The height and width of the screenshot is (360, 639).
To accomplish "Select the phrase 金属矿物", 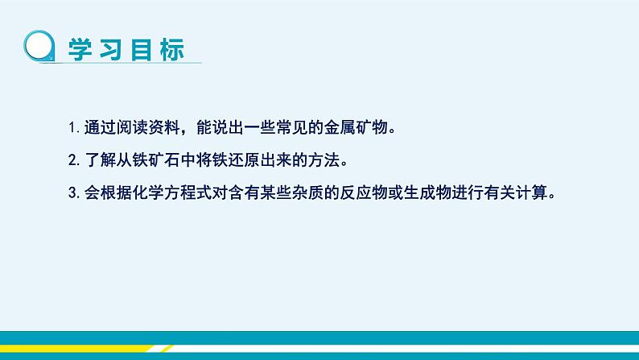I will (338, 127).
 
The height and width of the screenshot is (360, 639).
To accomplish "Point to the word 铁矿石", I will (147, 159).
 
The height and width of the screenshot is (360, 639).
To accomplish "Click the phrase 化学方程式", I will (170, 192).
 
